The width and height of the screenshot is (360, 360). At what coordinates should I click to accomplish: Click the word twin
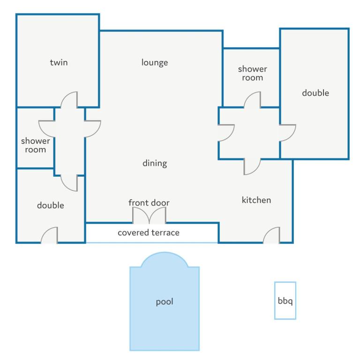[x=59, y=62]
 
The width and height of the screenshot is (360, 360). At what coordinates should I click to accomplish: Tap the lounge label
[x=155, y=62]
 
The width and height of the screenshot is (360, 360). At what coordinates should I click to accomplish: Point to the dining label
[x=155, y=163]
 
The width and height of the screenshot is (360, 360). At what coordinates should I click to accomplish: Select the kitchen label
[x=256, y=200]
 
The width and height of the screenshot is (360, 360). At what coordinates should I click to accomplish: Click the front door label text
[x=149, y=202]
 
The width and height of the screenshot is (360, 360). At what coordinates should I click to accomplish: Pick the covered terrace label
[x=149, y=232]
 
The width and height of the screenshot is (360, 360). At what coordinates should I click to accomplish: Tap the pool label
[x=165, y=302]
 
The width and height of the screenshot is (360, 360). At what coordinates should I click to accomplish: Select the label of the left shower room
[x=35, y=145]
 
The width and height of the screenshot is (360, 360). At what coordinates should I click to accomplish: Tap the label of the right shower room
[x=252, y=73]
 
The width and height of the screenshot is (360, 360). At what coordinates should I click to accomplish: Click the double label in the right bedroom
[x=315, y=93]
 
